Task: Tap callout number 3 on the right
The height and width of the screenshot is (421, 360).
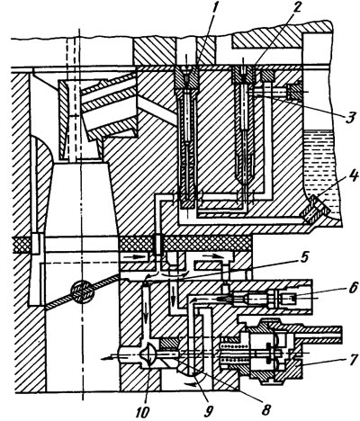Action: (x=349, y=117)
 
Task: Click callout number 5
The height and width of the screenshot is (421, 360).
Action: (x=304, y=257)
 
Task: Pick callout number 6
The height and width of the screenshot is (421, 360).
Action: (x=354, y=288)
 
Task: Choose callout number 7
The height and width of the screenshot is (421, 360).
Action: (x=353, y=359)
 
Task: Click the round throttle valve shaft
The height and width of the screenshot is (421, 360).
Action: (x=82, y=291)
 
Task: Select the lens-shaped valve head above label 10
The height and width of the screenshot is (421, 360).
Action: (x=149, y=355)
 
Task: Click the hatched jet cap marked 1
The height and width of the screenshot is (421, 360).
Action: (x=187, y=77)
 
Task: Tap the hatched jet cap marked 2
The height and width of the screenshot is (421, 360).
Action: (x=244, y=75)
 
